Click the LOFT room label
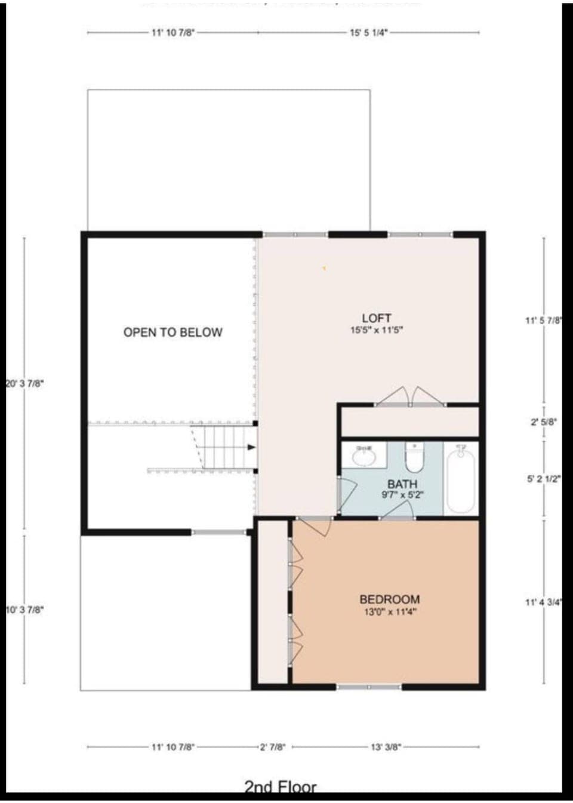[x=376, y=318]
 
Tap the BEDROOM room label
[x=389, y=599]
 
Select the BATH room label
[x=402, y=484]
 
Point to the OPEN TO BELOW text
[x=172, y=333]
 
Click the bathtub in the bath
[x=460, y=481]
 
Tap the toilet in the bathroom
[x=414, y=459]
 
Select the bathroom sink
[x=363, y=457]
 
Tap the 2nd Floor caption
[x=280, y=787]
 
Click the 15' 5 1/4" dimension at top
[x=369, y=33]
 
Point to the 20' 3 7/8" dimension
[x=24, y=383]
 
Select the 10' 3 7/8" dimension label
[x=24, y=610]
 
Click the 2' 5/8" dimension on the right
[x=544, y=422]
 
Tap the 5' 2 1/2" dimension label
[x=544, y=479]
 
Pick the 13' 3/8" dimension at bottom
[x=386, y=747]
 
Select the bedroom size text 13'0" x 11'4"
[x=390, y=612]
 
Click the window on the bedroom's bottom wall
[x=369, y=687]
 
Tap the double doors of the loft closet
[x=410, y=396]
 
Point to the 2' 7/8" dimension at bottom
[x=272, y=747]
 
